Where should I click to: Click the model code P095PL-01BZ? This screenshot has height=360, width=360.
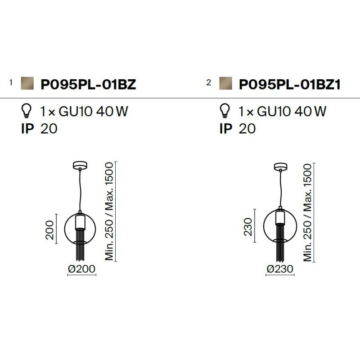click(x=88, y=84)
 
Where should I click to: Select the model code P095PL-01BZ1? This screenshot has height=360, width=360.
click(x=290, y=84)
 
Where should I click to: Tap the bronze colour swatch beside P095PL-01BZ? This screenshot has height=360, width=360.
click(x=27, y=83)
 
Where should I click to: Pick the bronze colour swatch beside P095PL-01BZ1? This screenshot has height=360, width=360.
click(x=226, y=83)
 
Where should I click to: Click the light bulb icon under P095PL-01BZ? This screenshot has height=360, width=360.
click(x=27, y=111)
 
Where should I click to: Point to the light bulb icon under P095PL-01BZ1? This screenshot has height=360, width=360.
click(x=225, y=111)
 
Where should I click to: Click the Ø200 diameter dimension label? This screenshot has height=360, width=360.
click(x=81, y=269)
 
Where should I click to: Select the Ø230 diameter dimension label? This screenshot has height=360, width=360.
click(x=280, y=269)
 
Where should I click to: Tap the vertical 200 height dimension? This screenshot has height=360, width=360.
click(x=49, y=230)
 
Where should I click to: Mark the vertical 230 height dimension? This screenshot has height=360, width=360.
click(x=248, y=227)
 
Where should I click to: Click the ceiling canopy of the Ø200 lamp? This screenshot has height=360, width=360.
click(x=80, y=165)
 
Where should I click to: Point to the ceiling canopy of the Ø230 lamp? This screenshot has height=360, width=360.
click(x=280, y=166)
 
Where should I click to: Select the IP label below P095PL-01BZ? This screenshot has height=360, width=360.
click(x=27, y=129)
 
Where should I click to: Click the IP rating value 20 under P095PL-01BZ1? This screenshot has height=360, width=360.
click(x=247, y=129)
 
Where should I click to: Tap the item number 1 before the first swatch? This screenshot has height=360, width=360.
click(x=11, y=82)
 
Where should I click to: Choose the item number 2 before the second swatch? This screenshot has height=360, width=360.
click(x=208, y=82)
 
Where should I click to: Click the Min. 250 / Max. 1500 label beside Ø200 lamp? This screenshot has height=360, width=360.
click(x=109, y=211)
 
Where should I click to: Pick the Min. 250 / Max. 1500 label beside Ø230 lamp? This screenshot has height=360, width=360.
click(x=307, y=212)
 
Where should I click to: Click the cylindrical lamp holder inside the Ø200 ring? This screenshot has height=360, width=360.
click(x=80, y=221)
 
